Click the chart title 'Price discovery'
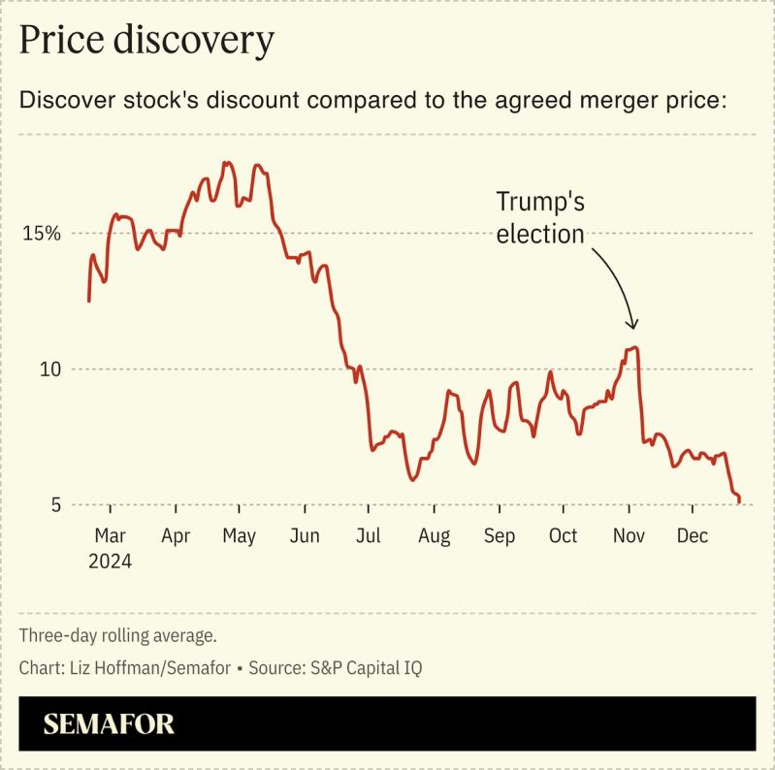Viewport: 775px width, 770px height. (x=146, y=40)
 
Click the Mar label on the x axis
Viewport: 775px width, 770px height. (x=110, y=535)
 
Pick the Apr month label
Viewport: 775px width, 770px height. (x=176, y=535)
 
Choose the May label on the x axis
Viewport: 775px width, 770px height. (x=239, y=535)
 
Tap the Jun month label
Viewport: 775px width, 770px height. (x=305, y=535)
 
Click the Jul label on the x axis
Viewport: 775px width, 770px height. (x=368, y=535)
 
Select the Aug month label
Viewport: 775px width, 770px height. (x=434, y=535)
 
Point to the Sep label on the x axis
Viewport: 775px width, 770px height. (x=500, y=535)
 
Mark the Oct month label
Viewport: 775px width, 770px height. (x=563, y=535)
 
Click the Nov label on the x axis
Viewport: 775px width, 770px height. (x=629, y=535)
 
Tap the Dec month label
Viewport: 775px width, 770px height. (x=692, y=535)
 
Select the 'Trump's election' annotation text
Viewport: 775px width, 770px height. (x=541, y=218)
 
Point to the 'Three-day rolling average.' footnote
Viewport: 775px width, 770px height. (x=117, y=636)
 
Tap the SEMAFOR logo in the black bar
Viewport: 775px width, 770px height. (x=109, y=723)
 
